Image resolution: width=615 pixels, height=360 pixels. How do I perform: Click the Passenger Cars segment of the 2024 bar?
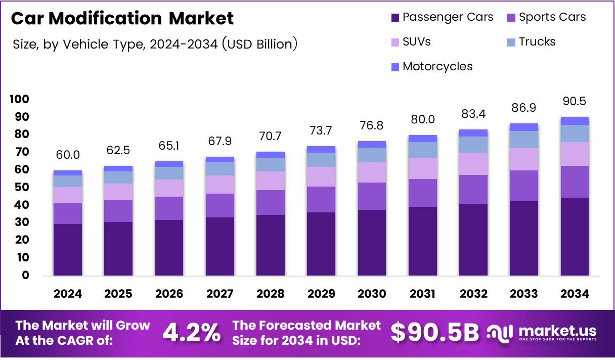point(68,249)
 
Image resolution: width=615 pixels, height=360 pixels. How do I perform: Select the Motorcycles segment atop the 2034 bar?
point(575,121)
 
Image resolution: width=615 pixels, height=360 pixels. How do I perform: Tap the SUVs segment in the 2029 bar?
point(321,176)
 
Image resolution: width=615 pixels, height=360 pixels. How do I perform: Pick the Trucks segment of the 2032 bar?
point(473,145)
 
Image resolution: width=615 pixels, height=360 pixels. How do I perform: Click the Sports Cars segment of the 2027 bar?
point(220,205)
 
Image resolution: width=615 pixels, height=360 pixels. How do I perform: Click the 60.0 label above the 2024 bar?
point(68,155)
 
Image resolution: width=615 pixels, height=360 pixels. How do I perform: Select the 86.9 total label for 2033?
point(524,108)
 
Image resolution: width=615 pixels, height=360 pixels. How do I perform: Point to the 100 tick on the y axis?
point(19,99)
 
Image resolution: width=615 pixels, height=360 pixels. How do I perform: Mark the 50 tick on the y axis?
point(21,187)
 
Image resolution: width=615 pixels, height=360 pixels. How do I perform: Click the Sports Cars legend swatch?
point(511,18)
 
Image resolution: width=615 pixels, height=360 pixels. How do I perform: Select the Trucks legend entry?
point(531,42)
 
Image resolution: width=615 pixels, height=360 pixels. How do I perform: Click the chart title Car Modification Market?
point(122,18)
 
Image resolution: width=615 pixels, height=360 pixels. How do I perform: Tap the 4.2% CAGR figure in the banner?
point(191,333)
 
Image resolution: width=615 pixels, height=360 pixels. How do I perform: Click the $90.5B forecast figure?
point(434,333)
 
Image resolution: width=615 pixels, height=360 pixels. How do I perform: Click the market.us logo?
point(542,333)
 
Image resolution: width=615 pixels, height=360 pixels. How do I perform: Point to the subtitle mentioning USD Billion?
point(155,44)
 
